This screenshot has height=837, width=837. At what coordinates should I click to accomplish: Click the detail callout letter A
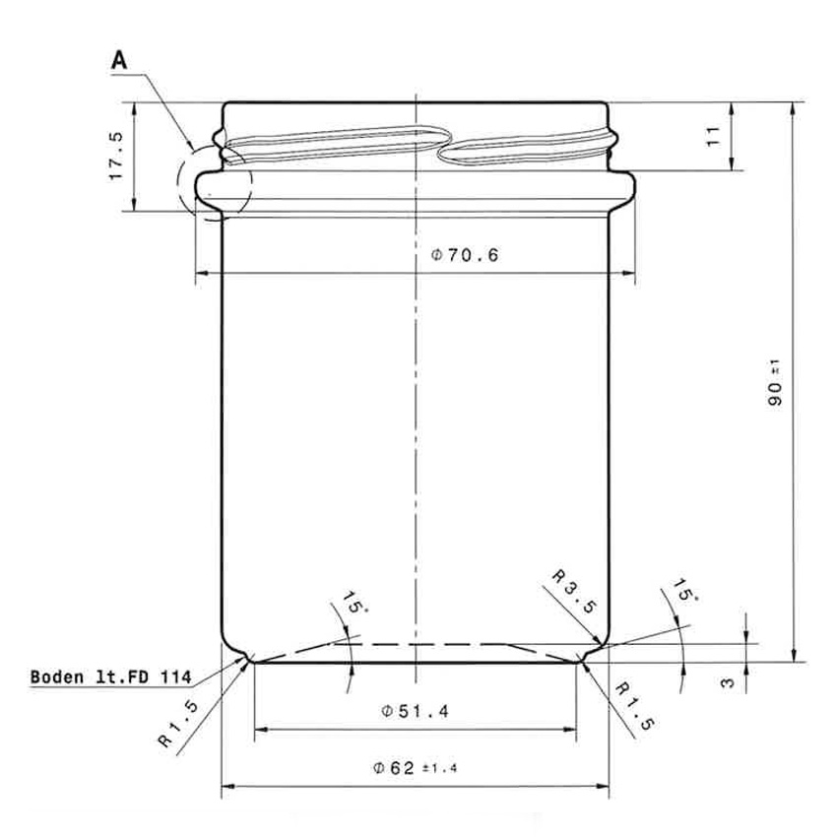119,61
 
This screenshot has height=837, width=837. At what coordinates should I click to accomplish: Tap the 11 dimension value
715,136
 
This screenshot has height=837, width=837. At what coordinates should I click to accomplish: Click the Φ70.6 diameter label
465,256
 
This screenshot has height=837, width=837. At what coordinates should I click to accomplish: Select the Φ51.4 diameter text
414,712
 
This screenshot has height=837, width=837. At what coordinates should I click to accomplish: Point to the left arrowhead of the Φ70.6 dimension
200,273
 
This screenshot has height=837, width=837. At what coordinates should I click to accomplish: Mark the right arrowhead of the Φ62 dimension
606,786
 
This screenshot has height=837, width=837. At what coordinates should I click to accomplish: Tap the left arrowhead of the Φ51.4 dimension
260,730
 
